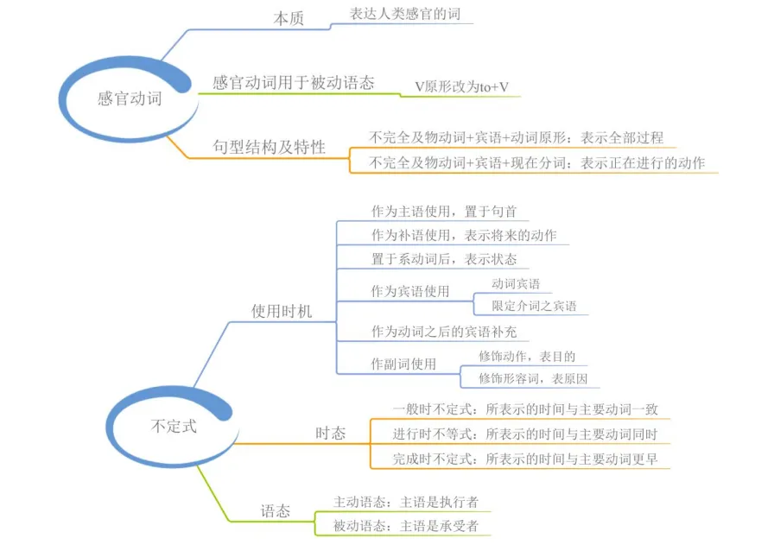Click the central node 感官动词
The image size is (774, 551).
pos(130,98)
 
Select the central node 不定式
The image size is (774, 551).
pos(174,426)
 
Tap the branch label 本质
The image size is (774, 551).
pos(289,19)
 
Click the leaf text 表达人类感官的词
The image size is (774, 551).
pos(405,14)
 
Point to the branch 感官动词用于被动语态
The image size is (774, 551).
pos(293,82)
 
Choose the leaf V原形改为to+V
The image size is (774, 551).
pos(461,87)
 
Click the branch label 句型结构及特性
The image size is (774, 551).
pos(269,147)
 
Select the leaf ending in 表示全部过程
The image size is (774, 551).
pos(517,138)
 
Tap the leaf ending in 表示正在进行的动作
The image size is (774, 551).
pos(537,163)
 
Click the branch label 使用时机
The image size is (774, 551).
pos(282,311)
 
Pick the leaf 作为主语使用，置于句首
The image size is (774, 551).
pos(444,212)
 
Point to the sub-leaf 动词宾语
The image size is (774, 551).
pos(516,284)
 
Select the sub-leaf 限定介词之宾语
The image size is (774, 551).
pos(534,306)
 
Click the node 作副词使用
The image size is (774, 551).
pos(403,364)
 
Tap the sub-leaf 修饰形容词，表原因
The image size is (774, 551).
pos(533,378)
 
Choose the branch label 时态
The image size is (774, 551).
pos(330,434)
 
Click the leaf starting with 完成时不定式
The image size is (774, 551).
pos(525,459)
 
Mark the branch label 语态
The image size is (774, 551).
pos(276,510)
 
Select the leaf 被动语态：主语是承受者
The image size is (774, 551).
pos(406,526)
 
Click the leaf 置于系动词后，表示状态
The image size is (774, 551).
pos(444,259)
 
